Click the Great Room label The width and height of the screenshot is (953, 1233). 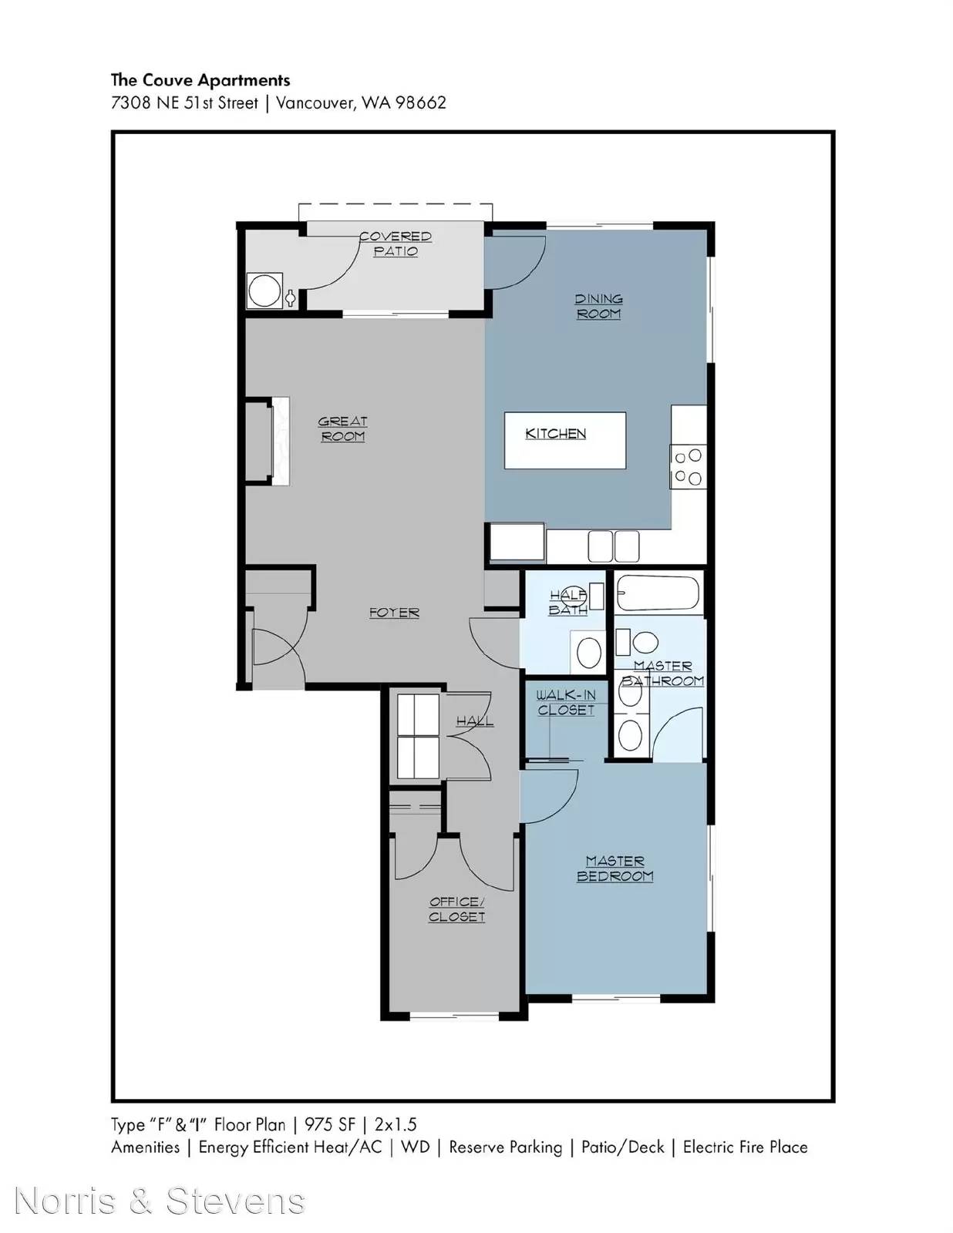[342, 429]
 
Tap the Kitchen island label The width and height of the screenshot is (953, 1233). [555, 434]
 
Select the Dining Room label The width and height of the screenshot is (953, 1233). [598, 307]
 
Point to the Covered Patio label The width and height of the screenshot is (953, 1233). [396, 244]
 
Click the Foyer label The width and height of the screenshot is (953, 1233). [394, 613]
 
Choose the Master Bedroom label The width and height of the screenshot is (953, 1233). [615, 868]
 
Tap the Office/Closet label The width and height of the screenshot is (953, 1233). [456, 909]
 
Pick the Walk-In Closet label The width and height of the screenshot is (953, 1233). [566, 703]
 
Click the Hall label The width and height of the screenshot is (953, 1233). [475, 721]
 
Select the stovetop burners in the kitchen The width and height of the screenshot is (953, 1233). [688, 467]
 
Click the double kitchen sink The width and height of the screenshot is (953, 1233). [613, 546]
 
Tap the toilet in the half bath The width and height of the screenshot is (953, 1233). [588, 652]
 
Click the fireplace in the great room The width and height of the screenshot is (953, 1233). [281, 442]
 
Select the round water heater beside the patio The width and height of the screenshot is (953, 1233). [264, 291]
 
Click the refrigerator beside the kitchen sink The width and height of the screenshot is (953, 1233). [517, 543]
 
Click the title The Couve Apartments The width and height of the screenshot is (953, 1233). [200, 80]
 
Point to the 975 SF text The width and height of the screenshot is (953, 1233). [330, 1124]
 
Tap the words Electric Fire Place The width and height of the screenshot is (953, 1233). [746, 1147]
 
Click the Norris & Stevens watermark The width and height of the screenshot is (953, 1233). [160, 1201]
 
